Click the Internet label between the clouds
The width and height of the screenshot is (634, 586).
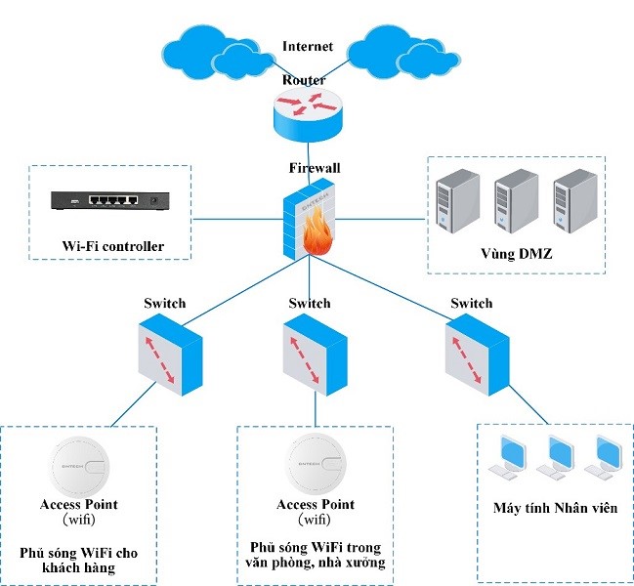308,46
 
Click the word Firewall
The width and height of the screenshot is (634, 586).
314,168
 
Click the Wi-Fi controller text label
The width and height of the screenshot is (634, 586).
112,245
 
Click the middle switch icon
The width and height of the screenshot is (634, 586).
315,353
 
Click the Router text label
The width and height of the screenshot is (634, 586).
304,79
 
